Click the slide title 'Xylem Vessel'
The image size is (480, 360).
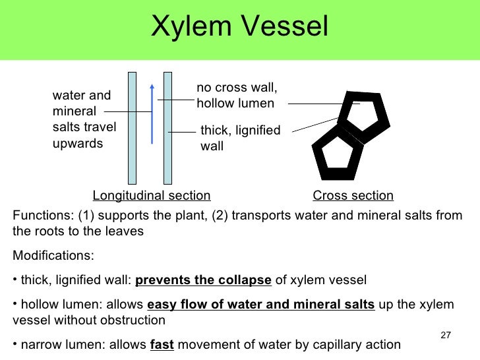[239, 27]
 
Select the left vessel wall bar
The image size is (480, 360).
[132, 127]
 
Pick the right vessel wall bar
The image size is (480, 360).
[167, 127]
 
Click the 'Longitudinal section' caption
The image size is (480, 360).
[152, 195]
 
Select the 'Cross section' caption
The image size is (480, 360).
[353, 195]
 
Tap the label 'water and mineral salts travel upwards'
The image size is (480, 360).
[82, 119]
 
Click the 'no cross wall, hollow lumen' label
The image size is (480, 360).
[237, 96]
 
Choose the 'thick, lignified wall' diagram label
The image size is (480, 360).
[240, 138]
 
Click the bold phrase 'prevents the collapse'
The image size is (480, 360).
[203, 280]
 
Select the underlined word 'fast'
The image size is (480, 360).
[162, 344]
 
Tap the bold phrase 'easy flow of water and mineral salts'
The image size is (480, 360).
[260, 305]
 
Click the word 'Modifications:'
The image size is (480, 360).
[53, 255]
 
